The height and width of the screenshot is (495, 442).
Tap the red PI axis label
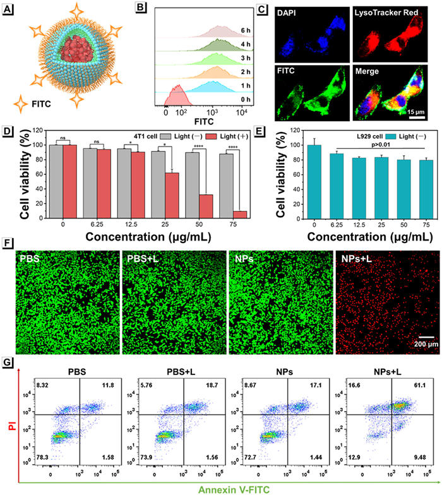click(x=8, y=412)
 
